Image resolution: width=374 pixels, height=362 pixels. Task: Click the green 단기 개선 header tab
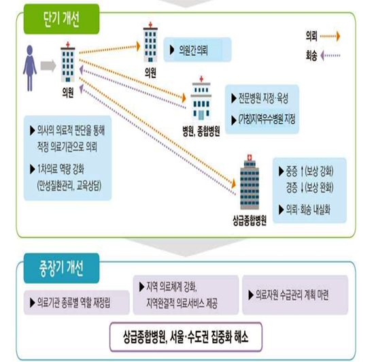pyautogui.click(x=61, y=19)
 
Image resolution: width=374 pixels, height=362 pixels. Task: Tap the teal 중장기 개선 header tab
pyautogui.click(x=61, y=268)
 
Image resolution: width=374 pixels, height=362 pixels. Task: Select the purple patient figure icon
pyautogui.click(x=29, y=68)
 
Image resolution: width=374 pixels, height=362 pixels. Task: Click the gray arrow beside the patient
pyautogui.click(x=48, y=65)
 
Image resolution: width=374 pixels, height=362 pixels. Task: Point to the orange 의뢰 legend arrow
pyautogui.click(x=330, y=37)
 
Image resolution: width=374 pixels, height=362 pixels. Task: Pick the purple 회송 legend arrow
pyautogui.click(x=330, y=56)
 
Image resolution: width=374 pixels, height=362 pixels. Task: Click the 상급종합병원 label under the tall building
pyautogui.click(x=250, y=220)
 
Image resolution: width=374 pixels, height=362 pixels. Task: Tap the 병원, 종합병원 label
pyautogui.click(x=201, y=131)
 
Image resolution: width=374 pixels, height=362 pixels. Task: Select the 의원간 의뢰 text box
pyautogui.click(x=197, y=50)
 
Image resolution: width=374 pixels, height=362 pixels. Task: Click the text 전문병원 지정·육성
pyautogui.click(x=263, y=98)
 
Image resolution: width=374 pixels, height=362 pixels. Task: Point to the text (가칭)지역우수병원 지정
pyautogui.click(x=267, y=119)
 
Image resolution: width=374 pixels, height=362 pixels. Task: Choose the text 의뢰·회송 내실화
pyautogui.click(x=308, y=210)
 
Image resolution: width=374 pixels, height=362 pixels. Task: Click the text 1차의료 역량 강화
pyautogui.click(x=61, y=169)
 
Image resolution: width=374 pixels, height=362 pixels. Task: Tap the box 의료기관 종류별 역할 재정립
pyautogui.click(x=77, y=303)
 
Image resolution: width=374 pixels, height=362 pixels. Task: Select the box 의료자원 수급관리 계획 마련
pyautogui.click(x=295, y=295)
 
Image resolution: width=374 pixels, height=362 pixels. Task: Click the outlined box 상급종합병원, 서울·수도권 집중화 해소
pyautogui.click(x=186, y=337)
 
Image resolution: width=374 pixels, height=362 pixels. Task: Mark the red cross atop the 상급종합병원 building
pyautogui.click(x=250, y=157)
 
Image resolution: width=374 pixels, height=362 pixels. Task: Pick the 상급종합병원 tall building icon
pyautogui.click(x=250, y=182)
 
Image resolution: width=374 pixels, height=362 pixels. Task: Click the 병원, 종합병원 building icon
pyautogui.click(x=201, y=99)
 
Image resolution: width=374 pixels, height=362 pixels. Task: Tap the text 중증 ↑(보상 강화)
pyautogui.click(x=309, y=171)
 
